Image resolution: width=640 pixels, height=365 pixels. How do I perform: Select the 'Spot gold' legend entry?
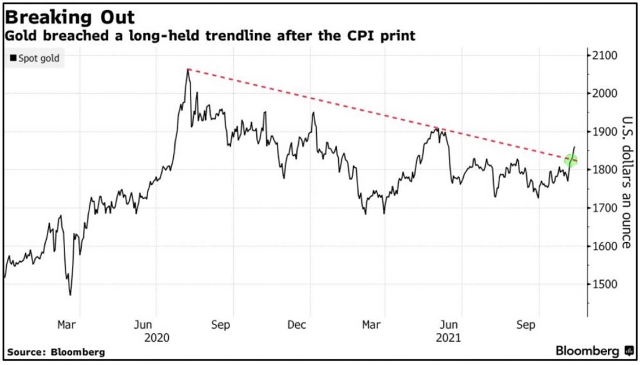pyautogui.click(x=36, y=59)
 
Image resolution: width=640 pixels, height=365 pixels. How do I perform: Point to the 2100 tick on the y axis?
pyautogui.click(x=604, y=56)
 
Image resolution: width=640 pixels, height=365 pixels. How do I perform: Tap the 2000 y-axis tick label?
pyautogui.click(x=604, y=93)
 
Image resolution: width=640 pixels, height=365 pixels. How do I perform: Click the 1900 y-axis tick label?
pyautogui.click(x=604, y=131)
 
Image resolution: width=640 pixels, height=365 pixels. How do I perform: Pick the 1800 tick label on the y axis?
pyautogui.click(x=604, y=169)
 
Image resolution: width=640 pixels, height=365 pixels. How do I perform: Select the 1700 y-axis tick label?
pyautogui.click(x=604, y=207)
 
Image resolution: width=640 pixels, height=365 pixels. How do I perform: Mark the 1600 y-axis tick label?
pyautogui.click(x=604, y=246)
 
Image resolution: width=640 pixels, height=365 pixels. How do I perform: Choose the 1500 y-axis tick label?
pyautogui.click(x=604, y=284)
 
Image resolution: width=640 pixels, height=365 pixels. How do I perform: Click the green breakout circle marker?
pyautogui.click(x=571, y=161)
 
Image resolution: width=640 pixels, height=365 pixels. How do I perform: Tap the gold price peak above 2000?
pyautogui.click(x=188, y=69)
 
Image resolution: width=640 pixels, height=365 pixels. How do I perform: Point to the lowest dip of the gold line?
pyautogui.click(x=70, y=294)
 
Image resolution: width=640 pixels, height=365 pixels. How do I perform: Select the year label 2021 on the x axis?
pyautogui.click(x=449, y=338)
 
